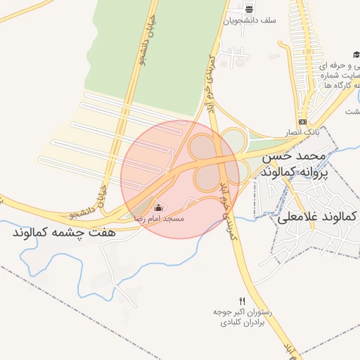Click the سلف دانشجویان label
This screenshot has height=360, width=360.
[x=250, y=20]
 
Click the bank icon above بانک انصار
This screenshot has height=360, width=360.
[x=302, y=122]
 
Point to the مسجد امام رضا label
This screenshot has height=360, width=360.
[x=159, y=219]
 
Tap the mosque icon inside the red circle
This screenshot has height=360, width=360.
[x=158, y=207]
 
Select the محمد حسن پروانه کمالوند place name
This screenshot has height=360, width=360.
[x=307, y=163]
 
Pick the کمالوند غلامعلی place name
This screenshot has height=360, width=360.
[x=309, y=219]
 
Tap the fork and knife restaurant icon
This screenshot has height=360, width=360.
[x=243, y=301]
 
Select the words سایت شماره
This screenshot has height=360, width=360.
[x=335, y=75]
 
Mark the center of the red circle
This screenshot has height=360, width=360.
[x=180, y=179]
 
